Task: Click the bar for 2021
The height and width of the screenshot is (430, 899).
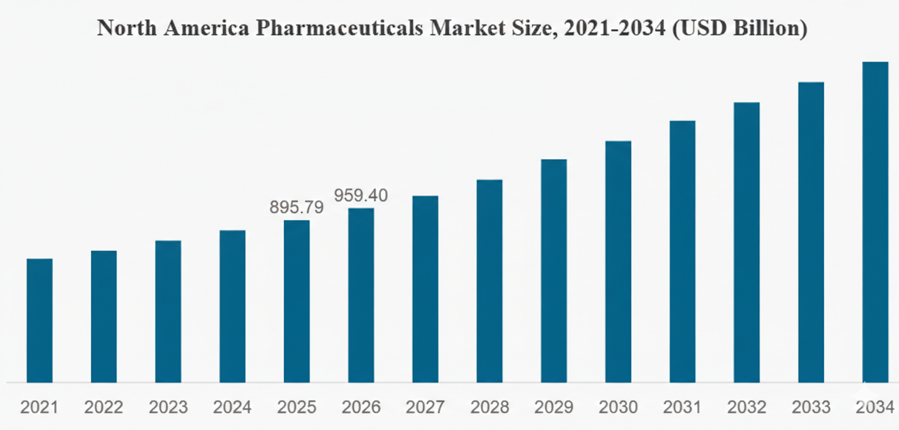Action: pos(40,321)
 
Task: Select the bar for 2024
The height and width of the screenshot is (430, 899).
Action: pos(233,307)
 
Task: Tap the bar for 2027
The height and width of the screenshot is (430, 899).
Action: pos(425,290)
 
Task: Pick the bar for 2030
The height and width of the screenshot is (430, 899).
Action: pos(618,262)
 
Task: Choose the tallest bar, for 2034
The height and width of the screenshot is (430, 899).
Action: pos(875,222)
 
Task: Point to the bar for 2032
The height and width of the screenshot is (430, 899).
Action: pos(747,242)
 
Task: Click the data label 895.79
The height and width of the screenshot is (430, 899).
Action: pos(297,207)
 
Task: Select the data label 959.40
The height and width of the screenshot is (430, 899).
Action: pos(361,195)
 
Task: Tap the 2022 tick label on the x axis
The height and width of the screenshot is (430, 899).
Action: pos(104,407)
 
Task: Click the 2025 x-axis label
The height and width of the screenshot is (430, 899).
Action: pos(297,407)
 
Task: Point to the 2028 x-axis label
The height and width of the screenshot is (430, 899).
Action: pos(489,407)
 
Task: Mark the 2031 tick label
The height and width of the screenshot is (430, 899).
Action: pos(682,407)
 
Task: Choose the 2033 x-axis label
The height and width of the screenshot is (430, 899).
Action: pos(811,407)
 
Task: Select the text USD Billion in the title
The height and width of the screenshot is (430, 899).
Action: pos(738,29)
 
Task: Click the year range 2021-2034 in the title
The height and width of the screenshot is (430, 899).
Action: pos(615,29)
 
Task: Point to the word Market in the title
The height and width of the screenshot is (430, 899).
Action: pos(467,29)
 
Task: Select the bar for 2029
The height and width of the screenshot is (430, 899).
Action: pos(554,271)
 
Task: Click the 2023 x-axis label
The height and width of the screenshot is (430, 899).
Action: pos(168,407)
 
